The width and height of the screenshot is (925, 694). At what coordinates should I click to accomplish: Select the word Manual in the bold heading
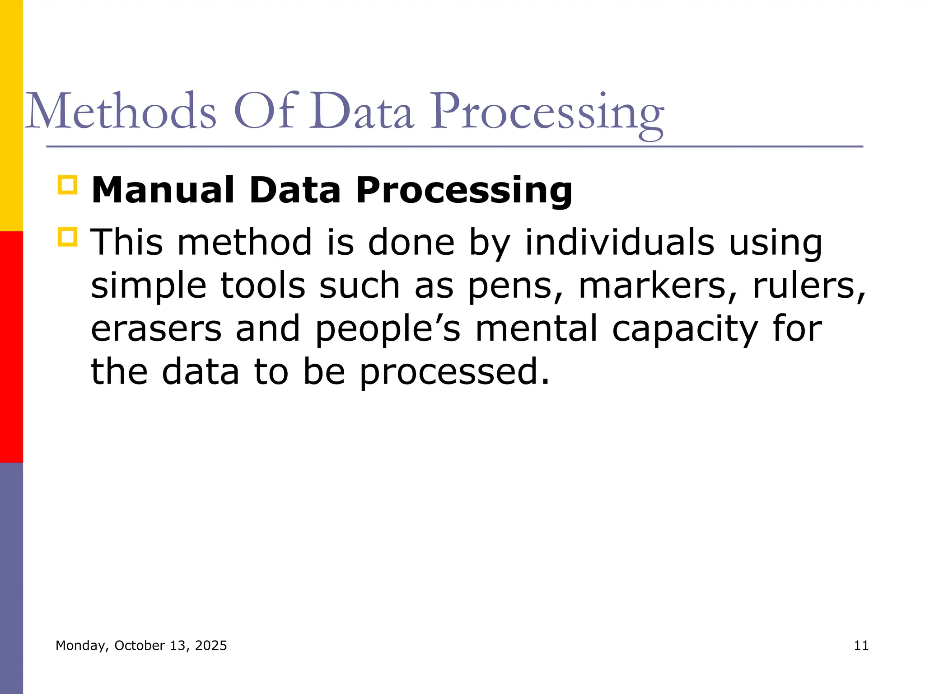point(163,190)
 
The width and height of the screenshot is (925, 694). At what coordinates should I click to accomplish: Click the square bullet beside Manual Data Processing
point(68,185)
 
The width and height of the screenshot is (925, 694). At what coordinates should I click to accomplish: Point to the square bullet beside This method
point(68,237)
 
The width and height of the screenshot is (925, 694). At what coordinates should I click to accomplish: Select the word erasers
point(156,328)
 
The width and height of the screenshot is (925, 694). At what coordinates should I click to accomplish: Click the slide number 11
point(861,646)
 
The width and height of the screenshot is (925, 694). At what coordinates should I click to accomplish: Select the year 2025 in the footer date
point(211,646)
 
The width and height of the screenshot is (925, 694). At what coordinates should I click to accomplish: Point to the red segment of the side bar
point(11,347)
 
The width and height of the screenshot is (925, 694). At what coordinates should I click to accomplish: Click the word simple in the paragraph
point(149,286)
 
